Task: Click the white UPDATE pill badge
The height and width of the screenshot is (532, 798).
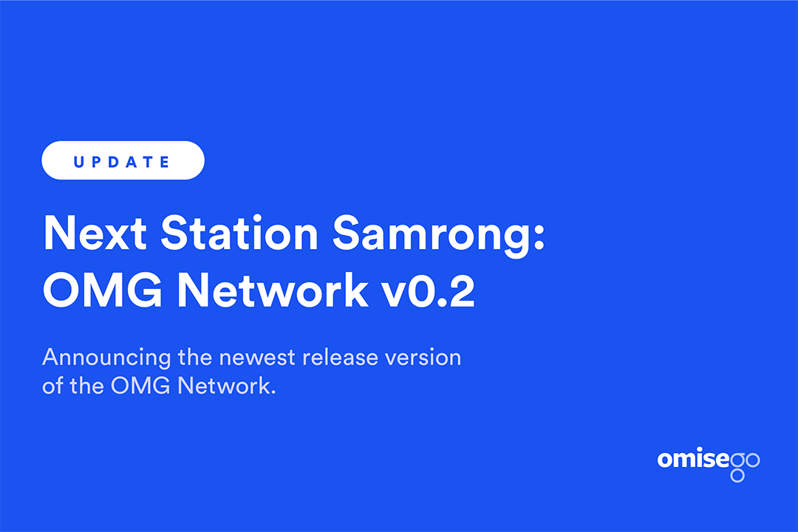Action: [123, 160]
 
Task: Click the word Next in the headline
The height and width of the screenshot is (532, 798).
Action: [95, 233]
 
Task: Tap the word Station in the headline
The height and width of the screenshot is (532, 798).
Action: [239, 233]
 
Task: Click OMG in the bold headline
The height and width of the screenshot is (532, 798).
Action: [102, 290]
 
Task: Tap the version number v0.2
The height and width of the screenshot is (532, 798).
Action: [429, 290]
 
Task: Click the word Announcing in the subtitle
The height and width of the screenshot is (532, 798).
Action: [106, 358]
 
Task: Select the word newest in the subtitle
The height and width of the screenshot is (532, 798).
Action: [257, 358]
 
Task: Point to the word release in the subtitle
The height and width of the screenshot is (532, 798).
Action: [340, 357]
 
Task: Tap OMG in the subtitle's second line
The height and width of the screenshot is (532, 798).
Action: [140, 386]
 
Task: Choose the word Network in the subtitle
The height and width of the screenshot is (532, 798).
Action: [227, 386]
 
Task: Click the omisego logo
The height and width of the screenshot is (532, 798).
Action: [709, 464]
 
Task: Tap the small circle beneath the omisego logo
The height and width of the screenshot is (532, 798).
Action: [737, 476]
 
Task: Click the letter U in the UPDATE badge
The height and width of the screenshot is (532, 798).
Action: [79, 163]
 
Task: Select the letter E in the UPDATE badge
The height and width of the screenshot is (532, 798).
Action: [164, 163]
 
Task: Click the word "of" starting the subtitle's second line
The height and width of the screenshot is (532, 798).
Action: [52, 386]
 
